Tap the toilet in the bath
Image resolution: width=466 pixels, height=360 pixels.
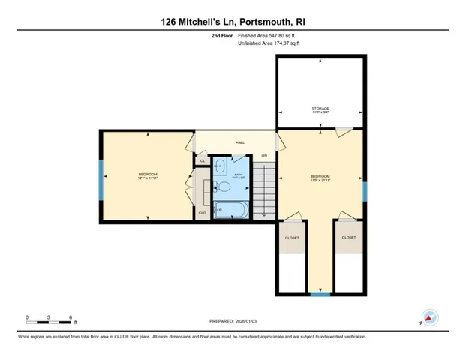pos(223,187)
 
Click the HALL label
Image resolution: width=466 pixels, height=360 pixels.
pos(240,142)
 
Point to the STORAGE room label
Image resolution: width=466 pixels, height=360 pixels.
pos(320,108)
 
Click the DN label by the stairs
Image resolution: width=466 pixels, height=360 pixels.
pos(264,156)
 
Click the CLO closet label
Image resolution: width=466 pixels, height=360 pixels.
pos(202,213)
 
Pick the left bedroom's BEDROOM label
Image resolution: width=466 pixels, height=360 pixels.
pos(147,174)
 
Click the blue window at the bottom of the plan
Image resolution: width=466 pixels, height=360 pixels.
pos(320,294)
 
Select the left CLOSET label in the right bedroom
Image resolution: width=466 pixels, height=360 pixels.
pos(292,238)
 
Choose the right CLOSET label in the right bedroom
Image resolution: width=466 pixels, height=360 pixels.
pos(349,238)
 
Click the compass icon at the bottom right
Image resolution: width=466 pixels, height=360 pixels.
pos(429,317)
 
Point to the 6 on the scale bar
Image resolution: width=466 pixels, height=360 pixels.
pos(71,316)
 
